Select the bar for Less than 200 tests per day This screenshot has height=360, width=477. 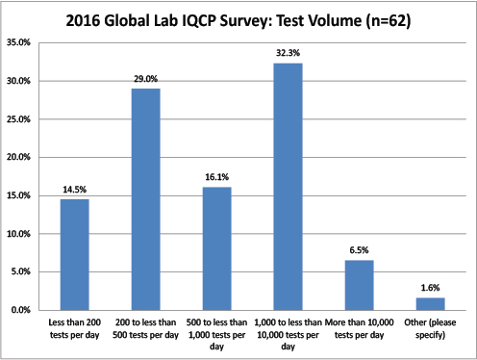(x=74, y=255)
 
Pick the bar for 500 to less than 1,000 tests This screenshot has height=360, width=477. (x=216, y=248)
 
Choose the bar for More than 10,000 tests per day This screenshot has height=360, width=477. (x=359, y=285)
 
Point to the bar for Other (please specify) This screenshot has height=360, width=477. (x=430, y=304)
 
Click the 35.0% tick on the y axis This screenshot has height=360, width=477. (x=18, y=43)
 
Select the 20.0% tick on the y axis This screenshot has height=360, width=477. (x=18, y=158)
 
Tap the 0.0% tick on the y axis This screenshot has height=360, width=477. (x=20, y=311)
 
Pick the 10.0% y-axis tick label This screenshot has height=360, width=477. (x=18, y=234)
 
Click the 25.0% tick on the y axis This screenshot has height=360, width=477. (x=18, y=119)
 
